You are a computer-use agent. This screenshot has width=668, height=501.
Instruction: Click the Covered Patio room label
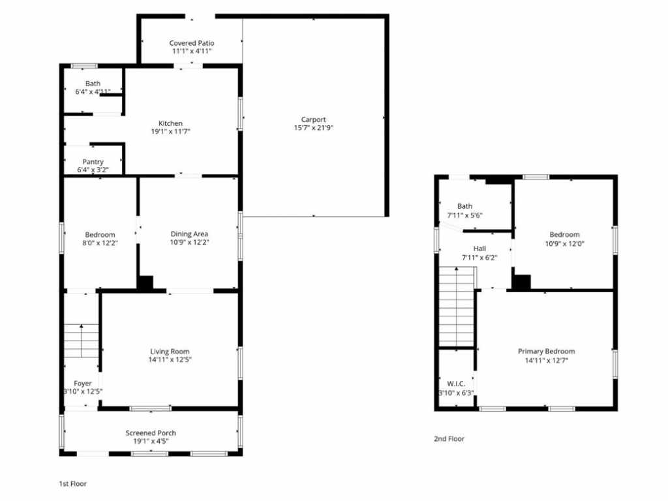(x=192, y=43)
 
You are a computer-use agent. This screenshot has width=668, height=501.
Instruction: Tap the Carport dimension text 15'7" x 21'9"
(x=314, y=128)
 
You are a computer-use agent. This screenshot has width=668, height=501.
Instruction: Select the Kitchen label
(x=170, y=123)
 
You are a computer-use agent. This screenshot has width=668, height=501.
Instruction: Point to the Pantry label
(x=93, y=162)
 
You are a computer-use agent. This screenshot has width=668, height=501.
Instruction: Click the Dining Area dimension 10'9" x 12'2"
(x=189, y=243)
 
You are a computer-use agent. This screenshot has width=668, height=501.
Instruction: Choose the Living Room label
(x=170, y=352)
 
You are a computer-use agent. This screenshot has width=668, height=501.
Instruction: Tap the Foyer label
(x=83, y=384)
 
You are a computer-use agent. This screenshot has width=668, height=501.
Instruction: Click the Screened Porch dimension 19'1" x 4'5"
(x=151, y=442)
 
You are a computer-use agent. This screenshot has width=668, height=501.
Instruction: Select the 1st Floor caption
(x=73, y=484)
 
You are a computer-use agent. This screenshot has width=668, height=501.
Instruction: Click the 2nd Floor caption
(x=449, y=439)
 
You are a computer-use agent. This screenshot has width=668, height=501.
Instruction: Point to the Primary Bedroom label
(x=546, y=352)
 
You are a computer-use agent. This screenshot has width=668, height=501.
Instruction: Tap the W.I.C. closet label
(x=456, y=384)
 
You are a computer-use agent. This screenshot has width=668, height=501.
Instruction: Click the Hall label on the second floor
(x=479, y=249)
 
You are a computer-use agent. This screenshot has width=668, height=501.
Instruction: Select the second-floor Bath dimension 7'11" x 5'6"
(x=464, y=215)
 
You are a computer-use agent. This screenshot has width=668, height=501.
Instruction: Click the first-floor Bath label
(x=93, y=83)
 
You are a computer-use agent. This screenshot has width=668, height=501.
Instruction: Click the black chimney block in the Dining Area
(x=145, y=283)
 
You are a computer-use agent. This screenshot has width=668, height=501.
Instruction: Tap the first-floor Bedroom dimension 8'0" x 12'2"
(x=100, y=243)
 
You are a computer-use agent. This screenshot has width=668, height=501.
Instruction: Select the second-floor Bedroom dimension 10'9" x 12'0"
(x=564, y=244)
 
